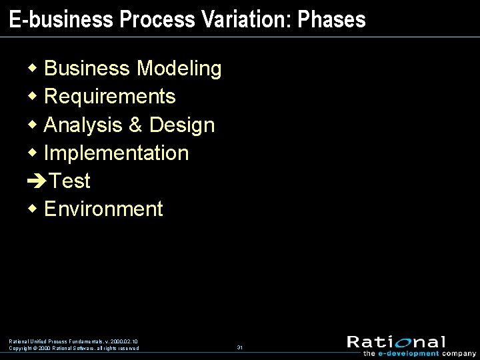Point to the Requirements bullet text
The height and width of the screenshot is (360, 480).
point(109,97)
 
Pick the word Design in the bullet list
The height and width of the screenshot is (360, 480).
point(182,125)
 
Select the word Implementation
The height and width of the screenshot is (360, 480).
point(116,153)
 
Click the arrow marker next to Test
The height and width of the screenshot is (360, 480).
point(37,181)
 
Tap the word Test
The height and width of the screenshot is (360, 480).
point(70,181)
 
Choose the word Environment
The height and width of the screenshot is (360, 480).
point(103,209)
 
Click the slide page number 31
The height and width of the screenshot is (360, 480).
point(239,347)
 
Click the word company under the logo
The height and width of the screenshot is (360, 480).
point(459,353)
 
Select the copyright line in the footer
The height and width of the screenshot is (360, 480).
point(74,348)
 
